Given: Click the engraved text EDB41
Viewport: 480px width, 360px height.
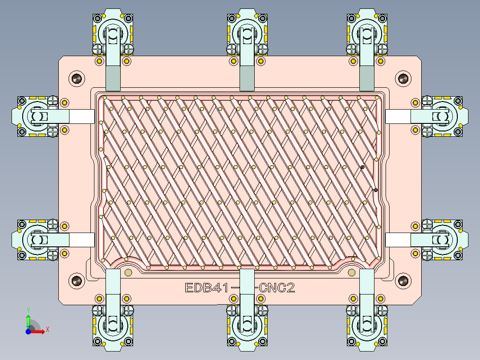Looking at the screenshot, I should point(207,288).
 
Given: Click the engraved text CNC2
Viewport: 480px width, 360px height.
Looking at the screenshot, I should point(277,288).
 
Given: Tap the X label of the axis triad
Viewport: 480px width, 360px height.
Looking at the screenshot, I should point(47,329).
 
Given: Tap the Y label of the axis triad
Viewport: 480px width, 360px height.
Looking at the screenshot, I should point(28,309).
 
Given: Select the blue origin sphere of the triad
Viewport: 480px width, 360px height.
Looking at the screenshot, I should point(28,331).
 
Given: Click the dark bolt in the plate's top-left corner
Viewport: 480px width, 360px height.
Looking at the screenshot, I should point(77,79).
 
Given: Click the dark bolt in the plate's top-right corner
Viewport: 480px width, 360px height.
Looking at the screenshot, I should point(403,79).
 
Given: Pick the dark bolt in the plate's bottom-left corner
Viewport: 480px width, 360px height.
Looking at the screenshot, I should point(77,281).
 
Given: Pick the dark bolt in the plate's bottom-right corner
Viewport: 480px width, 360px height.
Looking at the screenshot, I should point(403,281).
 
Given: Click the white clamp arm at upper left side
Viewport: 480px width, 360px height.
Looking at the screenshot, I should point(81,117).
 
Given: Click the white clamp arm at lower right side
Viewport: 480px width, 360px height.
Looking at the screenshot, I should point(398,240).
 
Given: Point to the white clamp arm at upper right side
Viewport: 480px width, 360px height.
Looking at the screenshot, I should point(398,117).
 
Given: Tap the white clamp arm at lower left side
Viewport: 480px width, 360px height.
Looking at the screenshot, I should point(81,240).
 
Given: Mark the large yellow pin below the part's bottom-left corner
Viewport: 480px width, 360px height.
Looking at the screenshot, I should point(129,273).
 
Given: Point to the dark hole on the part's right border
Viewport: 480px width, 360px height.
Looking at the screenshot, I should point(376,190).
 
